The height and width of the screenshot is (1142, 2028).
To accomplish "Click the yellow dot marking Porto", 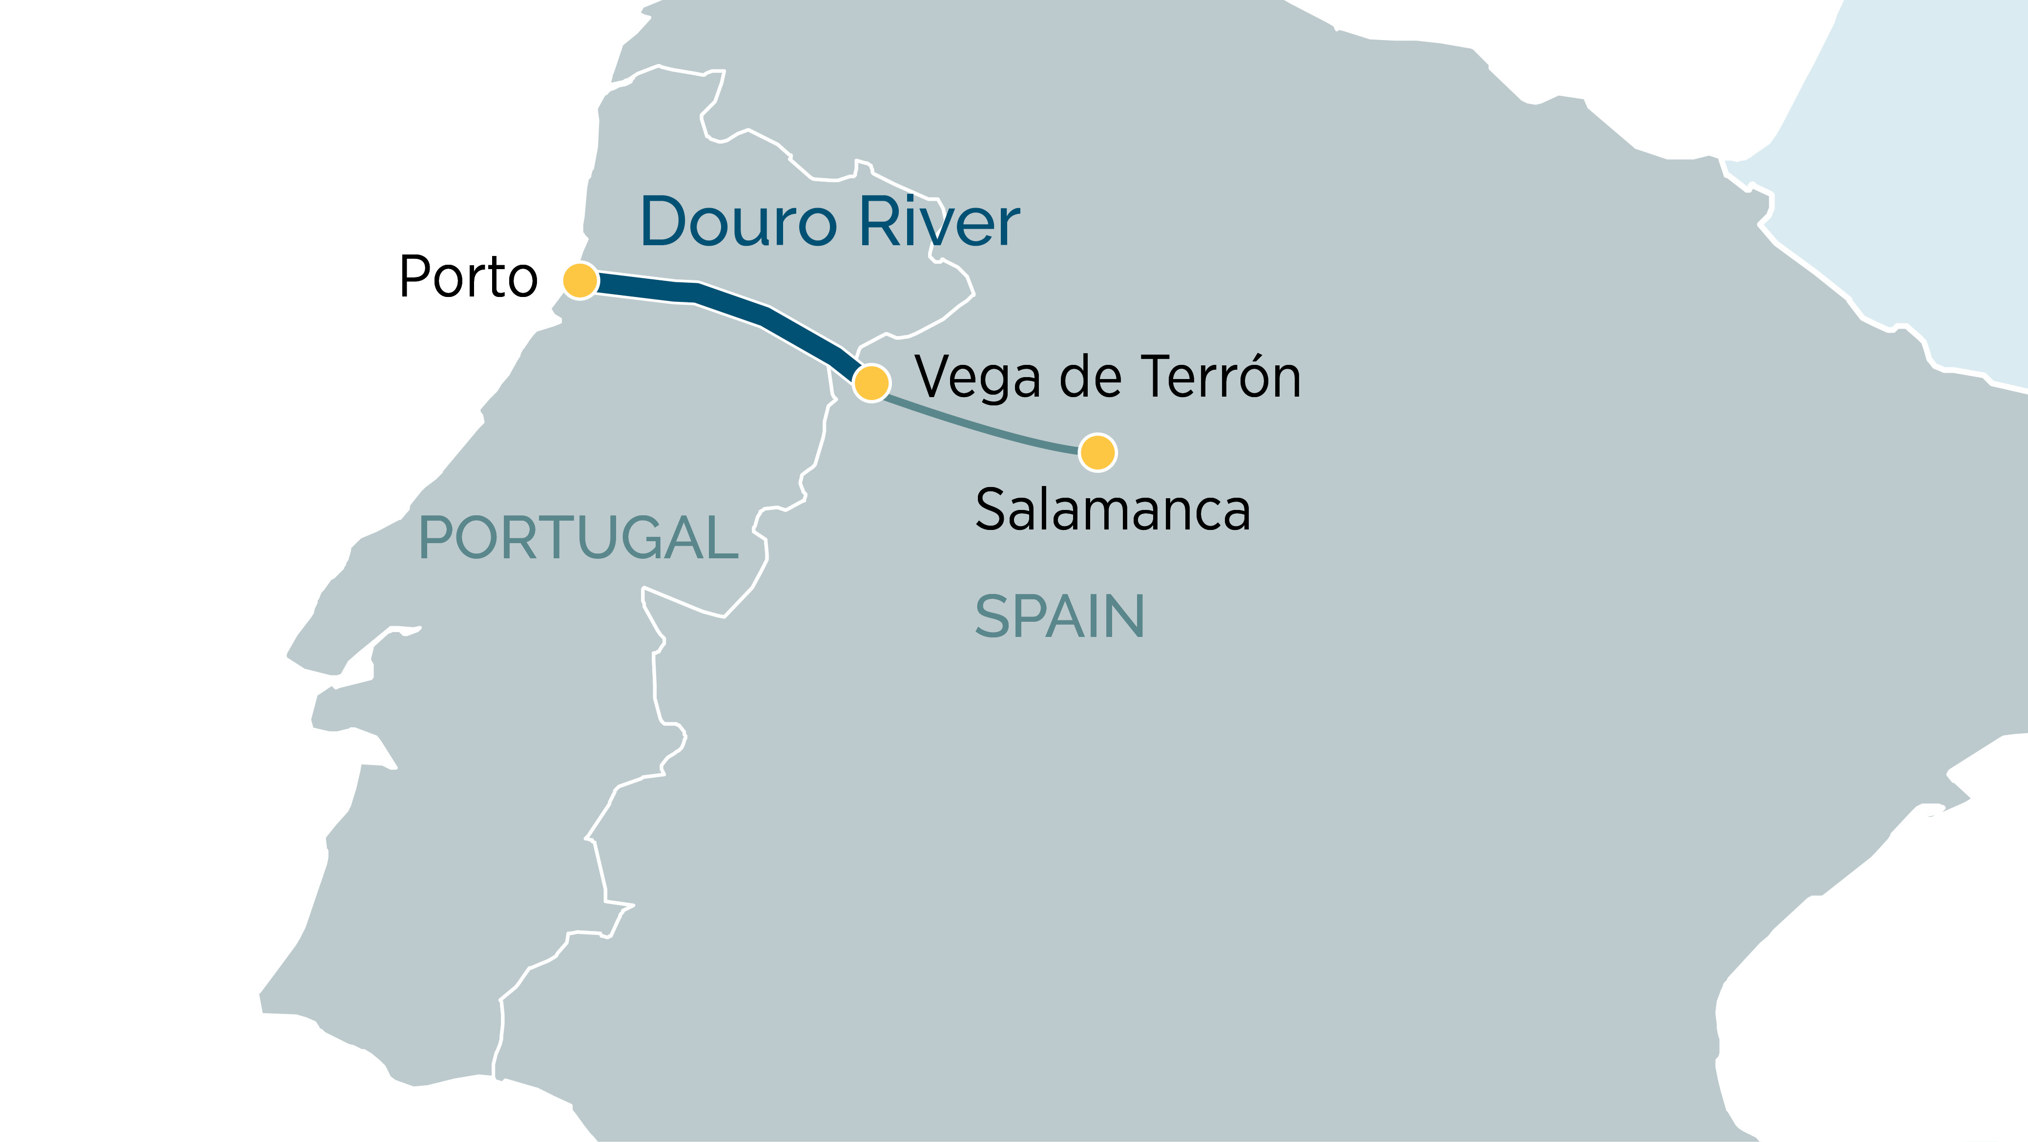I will [x=580, y=280].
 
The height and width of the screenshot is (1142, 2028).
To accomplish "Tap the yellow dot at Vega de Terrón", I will [x=871, y=383].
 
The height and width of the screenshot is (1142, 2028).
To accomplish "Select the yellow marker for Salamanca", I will [x=1097, y=452].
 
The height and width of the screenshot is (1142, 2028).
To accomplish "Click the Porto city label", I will [x=468, y=277].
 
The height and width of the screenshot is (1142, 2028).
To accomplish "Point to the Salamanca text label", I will [x=1113, y=510].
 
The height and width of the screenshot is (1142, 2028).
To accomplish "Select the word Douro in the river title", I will [x=739, y=222].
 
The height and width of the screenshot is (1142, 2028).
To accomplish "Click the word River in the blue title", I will [x=939, y=222].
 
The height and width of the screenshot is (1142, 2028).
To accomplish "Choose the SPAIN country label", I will [x=1060, y=617].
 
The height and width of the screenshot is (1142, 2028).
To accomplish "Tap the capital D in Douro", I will [x=666, y=222].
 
